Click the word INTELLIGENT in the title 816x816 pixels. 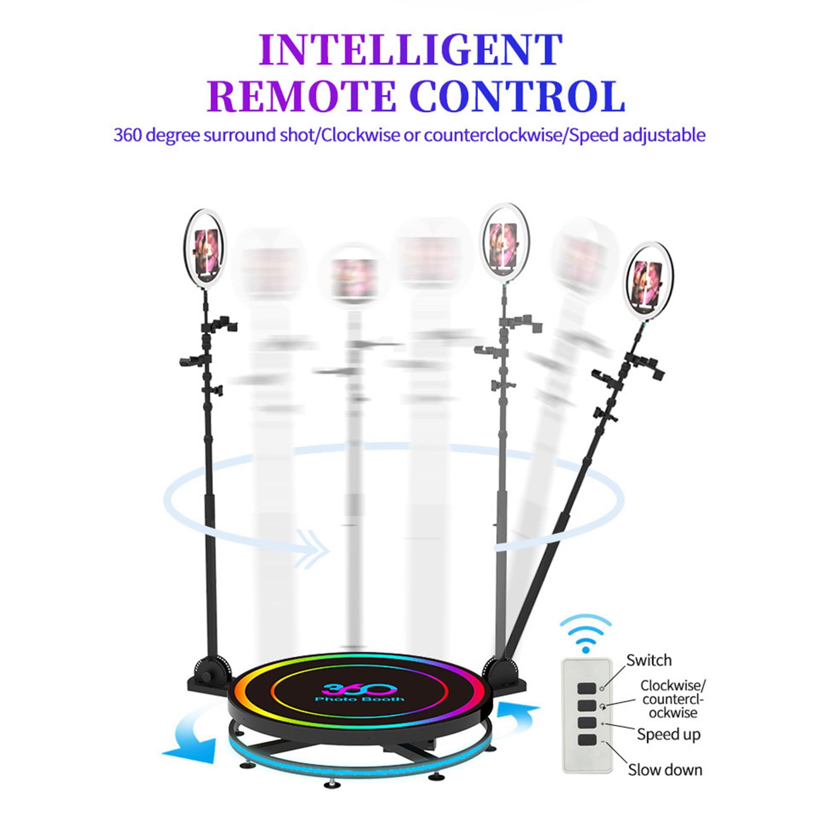tap(411, 49)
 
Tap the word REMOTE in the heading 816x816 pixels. tap(301, 96)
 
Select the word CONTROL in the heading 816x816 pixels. tap(517, 96)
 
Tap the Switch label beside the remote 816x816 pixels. tap(649, 660)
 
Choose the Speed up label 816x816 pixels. tap(668, 734)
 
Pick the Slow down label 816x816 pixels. tap(665, 770)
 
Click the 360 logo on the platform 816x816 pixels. tap(358, 688)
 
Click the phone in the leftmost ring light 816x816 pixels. tap(206, 249)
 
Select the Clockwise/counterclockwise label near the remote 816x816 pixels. tap(672, 699)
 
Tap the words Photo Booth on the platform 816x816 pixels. tap(360, 699)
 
